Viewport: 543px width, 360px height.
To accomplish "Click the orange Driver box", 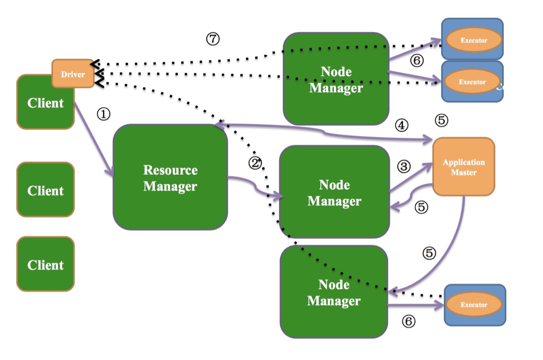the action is (73, 73).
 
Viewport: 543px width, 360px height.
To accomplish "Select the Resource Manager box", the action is (170, 177).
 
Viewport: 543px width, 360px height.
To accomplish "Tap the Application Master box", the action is (463, 167).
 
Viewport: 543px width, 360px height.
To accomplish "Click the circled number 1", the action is (103, 114).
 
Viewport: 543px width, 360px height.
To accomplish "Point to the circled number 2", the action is (255, 163).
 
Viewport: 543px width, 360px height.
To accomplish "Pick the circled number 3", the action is (404, 167).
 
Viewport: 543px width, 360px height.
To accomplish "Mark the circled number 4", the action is (402, 125).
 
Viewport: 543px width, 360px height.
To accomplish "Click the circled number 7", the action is (213, 39).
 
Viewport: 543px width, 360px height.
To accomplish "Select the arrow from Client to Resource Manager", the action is (93, 139).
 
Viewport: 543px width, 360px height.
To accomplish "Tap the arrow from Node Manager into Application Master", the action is (411, 177).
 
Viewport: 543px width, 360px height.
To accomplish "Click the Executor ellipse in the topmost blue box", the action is (474, 40).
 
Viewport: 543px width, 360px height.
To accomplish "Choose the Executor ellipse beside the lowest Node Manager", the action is (474, 304).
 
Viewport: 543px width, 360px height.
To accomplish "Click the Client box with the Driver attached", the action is (45, 102).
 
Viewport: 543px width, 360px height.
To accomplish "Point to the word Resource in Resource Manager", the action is (170, 170).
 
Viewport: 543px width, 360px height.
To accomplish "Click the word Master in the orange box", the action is (463, 173).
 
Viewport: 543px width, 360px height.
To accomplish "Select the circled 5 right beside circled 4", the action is (441, 120).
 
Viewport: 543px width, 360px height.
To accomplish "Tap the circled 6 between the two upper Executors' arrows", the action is (417, 61).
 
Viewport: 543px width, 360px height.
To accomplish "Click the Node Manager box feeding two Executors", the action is (336, 79).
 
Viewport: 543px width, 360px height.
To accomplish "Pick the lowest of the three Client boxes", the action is (45, 264).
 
